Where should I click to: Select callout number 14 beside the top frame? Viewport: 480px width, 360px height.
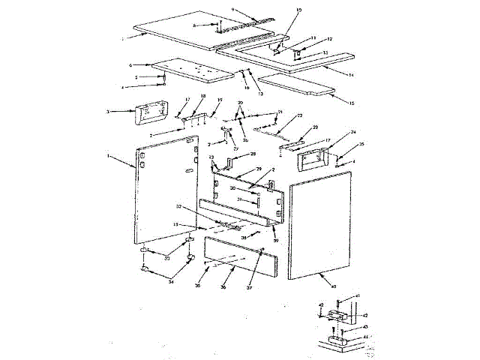pyautogui.click(x=350, y=77)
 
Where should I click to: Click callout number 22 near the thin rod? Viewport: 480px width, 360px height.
pyautogui.click(x=298, y=116)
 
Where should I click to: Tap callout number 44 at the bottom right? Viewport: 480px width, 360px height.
pyautogui.click(x=367, y=337)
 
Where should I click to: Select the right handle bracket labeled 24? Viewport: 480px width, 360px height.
pyautogui.click(x=316, y=157)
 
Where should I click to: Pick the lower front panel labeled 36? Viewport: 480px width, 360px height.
pyautogui.click(x=232, y=256)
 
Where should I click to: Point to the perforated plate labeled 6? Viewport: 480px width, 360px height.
pyautogui.click(x=191, y=71)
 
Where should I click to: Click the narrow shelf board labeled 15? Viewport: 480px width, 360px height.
pyautogui.click(x=296, y=84)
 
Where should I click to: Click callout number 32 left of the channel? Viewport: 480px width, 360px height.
pyautogui.click(x=179, y=205)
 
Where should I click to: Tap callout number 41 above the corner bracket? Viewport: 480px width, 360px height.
pyautogui.click(x=358, y=297)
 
